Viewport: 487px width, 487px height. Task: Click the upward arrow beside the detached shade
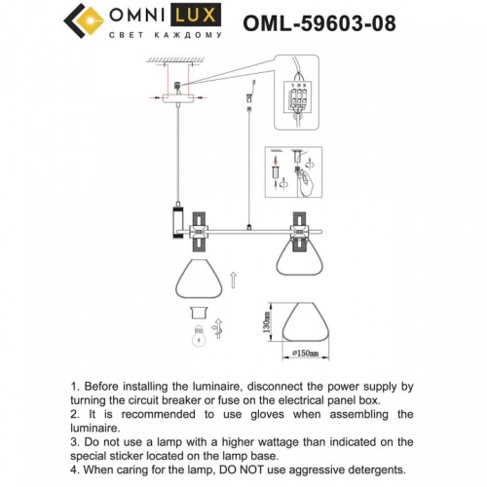pos(231,282)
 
